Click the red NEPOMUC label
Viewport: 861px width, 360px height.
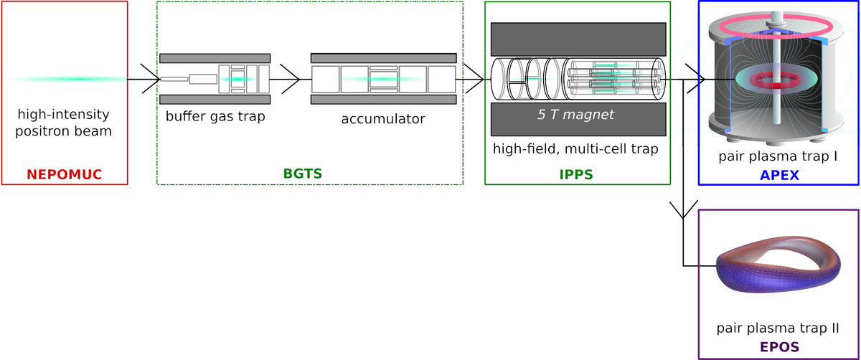coord(65,174)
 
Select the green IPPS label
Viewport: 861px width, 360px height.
coord(578,174)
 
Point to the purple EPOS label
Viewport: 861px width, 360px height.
coord(778,347)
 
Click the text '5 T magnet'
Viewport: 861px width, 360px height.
coord(577,113)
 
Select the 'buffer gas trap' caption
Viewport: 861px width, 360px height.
coord(215,115)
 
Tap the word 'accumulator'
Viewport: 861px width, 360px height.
coord(383,118)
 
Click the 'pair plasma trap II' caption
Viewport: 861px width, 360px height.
coord(778,328)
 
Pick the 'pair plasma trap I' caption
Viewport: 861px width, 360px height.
coord(778,156)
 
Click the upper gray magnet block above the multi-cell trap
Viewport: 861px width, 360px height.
coord(578,39)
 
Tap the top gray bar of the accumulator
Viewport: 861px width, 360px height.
coord(383,57)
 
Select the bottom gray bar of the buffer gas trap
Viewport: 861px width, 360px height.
coord(215,99)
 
